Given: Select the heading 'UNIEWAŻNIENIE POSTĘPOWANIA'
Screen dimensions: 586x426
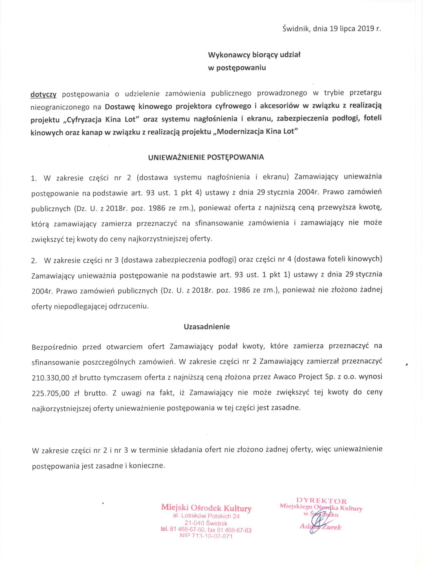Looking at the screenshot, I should pos(206,158).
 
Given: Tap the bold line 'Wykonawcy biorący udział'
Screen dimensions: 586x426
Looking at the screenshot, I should pos(254,55).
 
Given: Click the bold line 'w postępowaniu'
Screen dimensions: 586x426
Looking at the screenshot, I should pos(237,68).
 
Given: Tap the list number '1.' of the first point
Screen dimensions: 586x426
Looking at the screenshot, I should pos(34,178).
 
